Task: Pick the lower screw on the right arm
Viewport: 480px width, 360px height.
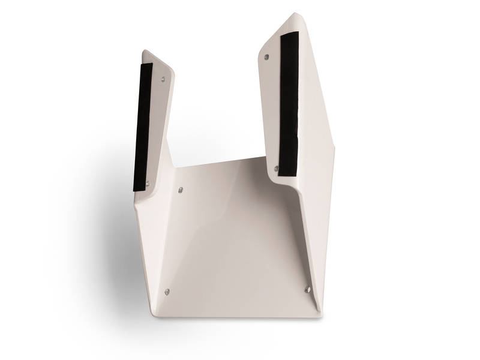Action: tap(277, 168)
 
